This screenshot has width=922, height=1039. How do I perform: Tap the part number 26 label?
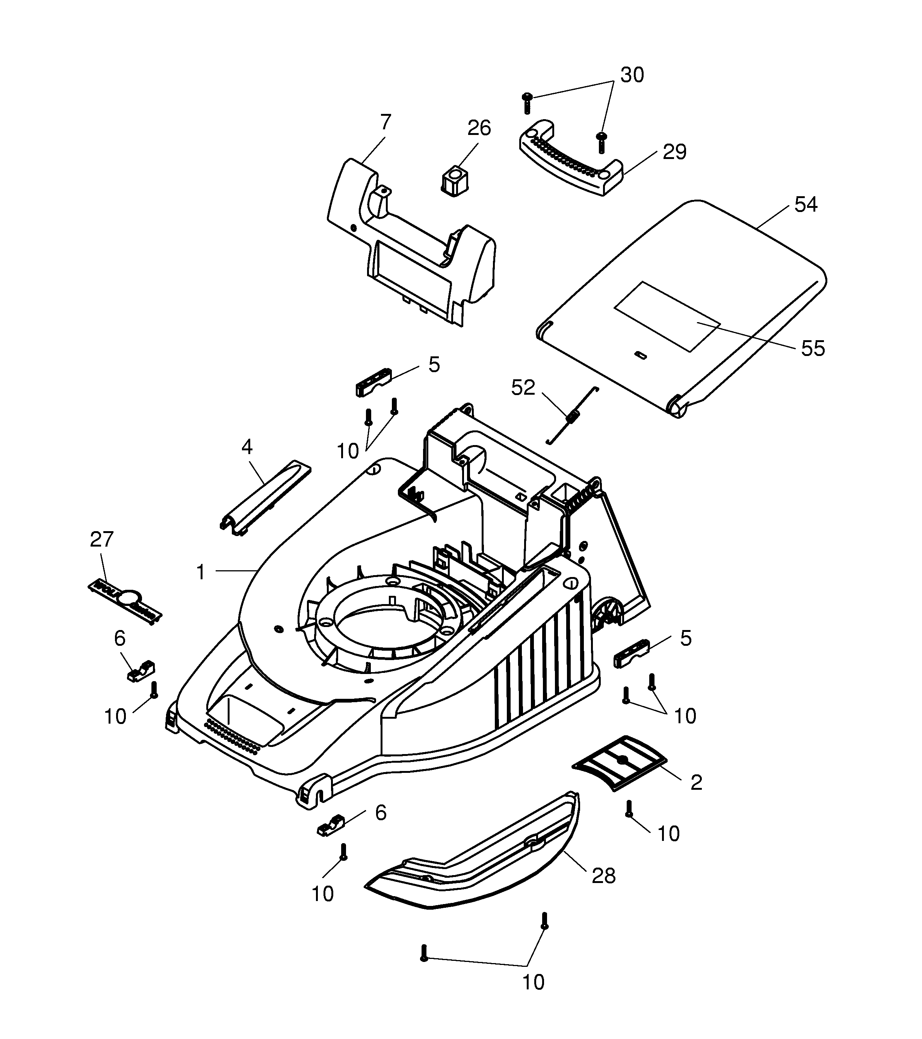pos(479,128)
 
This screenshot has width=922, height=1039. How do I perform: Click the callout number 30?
pos(632,75)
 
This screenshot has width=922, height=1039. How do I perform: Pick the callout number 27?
pos(101,539)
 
